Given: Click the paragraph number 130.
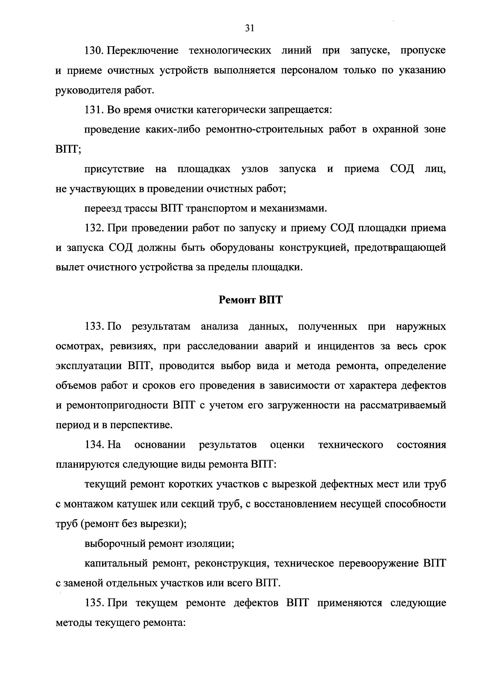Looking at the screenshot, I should tap(93, 51).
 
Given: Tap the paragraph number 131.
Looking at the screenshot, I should tap(93, 110).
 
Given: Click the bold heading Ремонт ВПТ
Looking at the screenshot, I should tap(250, 300).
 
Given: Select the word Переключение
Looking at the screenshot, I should tap(143, 51).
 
